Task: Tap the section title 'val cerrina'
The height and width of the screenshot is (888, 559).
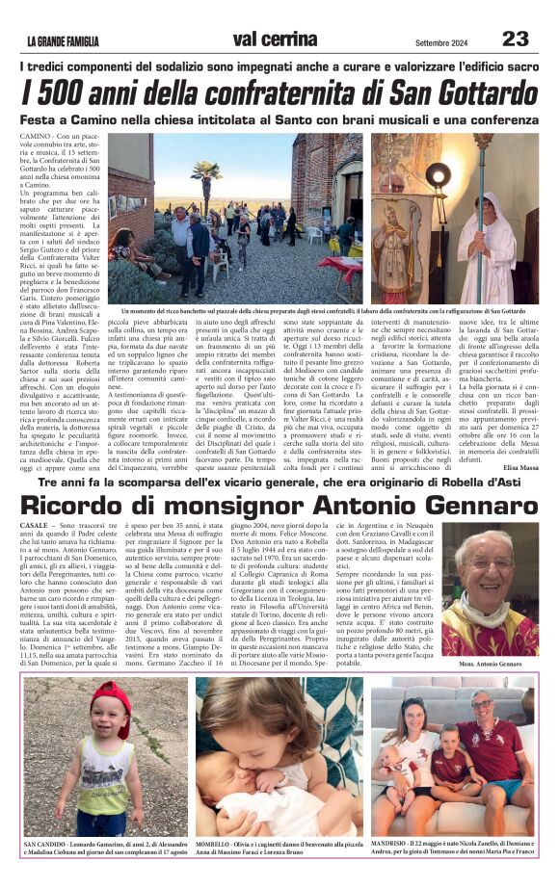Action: pos(279,39)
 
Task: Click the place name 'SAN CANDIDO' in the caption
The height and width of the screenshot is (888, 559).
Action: pos(45,842)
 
